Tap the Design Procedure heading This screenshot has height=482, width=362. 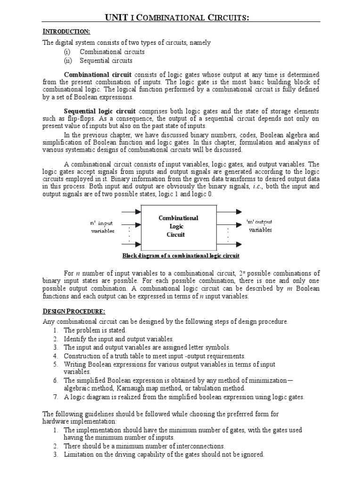click(74, 311)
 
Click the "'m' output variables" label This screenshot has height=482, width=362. click(260, 226)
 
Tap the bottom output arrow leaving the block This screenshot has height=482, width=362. click(230, 244)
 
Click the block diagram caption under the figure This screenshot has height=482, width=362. click(181, 256)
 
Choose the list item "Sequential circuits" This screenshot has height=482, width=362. click(106, 61)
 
